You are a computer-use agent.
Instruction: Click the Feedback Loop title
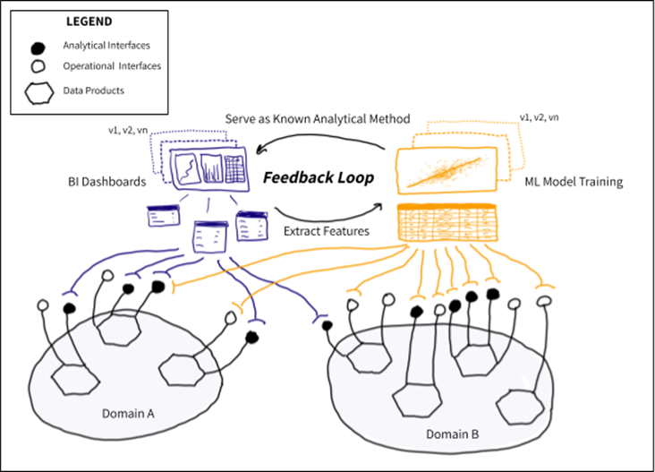tap(318, 177)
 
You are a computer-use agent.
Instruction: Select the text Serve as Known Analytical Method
tap(317, 118)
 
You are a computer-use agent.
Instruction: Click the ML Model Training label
tap(573, 183)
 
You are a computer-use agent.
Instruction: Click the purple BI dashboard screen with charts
tap(208, 170)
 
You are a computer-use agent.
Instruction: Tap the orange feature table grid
tap(447, 224)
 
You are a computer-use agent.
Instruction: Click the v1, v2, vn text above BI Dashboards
tap(127, 131)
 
